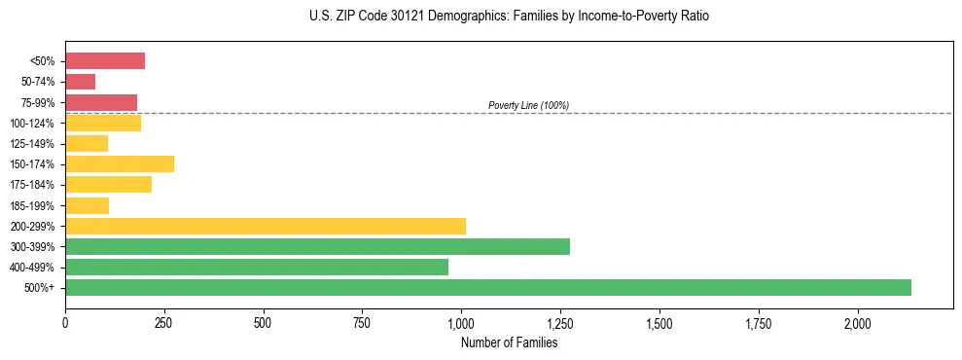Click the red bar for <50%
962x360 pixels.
[x=105, y=61]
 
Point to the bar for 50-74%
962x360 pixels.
[x=80, y=82]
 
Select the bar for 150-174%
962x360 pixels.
[x=120, y=163]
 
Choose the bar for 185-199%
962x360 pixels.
[x=87, y=205]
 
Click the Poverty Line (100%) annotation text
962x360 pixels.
[x=528, y=105]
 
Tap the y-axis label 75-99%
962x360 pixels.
[x=38, y=103]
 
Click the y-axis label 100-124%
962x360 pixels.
[x=35, y=124]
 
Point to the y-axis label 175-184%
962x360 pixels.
[x=35, y=185]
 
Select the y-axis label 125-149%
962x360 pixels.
[x=35, y=144]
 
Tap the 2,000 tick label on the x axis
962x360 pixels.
[x=857, y=323]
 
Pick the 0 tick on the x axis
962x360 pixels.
[x=65, y=323]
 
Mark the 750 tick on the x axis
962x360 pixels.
[x=362, y=323]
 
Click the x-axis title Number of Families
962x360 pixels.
[x=509, y=342]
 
